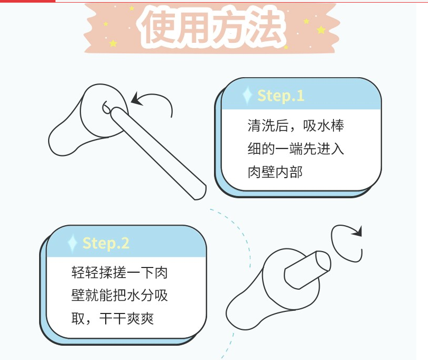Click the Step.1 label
281,96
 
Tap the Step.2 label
106,243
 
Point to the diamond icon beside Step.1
247,95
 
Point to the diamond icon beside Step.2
72,243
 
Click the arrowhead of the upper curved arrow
137,99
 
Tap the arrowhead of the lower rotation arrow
357,232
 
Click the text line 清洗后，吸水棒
296,126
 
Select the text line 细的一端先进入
296,149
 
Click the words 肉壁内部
275,172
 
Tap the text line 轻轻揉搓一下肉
119,272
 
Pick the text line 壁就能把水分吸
119,296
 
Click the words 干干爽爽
127,318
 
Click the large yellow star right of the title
321,30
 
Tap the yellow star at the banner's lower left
113,43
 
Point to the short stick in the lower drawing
307,270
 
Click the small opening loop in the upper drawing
106,107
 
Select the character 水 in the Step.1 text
323,126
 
